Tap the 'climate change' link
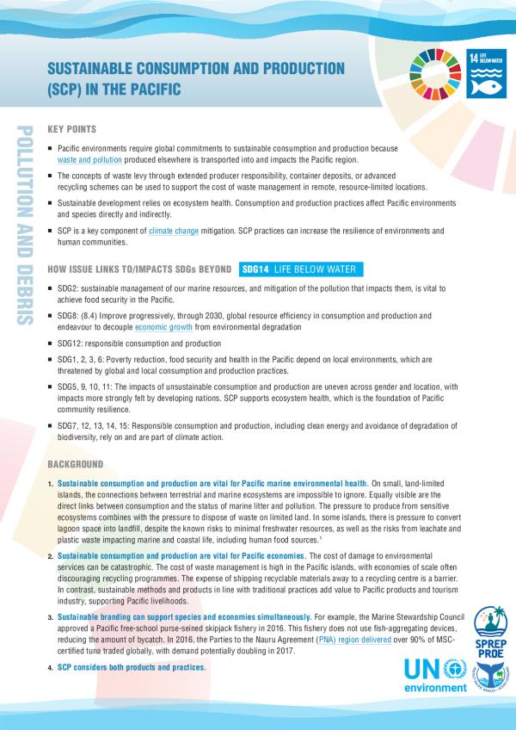tap(176, 232)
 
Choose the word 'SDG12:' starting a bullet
tap(71, 343)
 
